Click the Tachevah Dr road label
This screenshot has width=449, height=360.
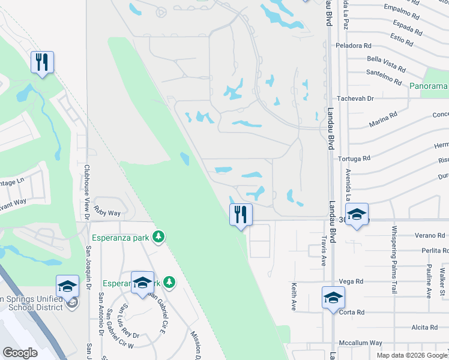355,98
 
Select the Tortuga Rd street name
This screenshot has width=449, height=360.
354,159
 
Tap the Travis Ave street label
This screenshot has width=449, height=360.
323,250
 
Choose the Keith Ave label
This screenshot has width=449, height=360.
294,296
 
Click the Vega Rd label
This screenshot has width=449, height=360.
351,281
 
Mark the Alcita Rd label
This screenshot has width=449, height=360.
424,327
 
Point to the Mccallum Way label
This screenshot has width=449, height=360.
360,343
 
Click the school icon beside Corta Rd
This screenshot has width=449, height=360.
333,298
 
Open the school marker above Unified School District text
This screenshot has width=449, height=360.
67,286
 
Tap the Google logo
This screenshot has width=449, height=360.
20,353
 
